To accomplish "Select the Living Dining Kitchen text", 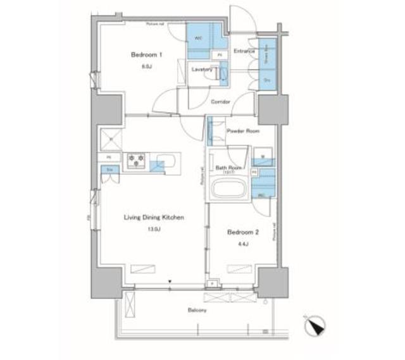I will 153,218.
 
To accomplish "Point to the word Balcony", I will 197,311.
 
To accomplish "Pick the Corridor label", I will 220,101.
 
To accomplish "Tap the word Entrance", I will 244,51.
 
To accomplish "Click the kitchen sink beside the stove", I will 166,159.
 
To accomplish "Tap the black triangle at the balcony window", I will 170,282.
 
